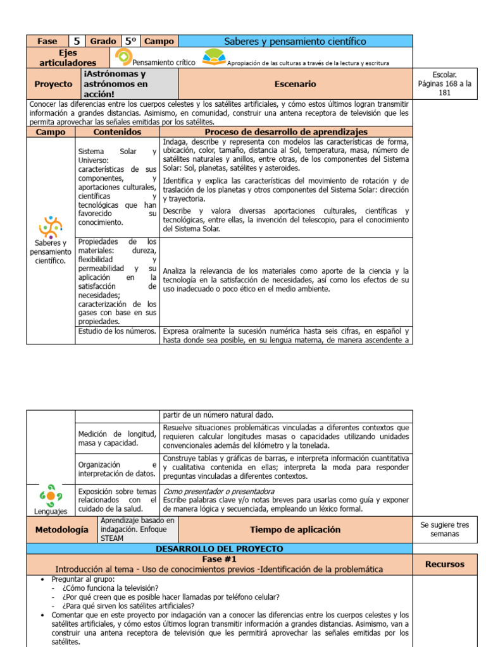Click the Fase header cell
(47, 41)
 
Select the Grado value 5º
(131, 41)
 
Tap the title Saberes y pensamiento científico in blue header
(295, 41)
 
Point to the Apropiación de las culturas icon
(213, 58)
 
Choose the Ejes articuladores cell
(68, 58)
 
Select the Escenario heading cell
(295, 83)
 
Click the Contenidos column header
(117, 132)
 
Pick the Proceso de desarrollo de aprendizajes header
(286, 132)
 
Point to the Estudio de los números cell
(117, 331)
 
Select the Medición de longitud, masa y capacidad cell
(117, 438)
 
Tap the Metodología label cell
(61, 529)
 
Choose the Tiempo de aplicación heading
(295, 529)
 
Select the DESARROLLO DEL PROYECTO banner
(220, 549)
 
